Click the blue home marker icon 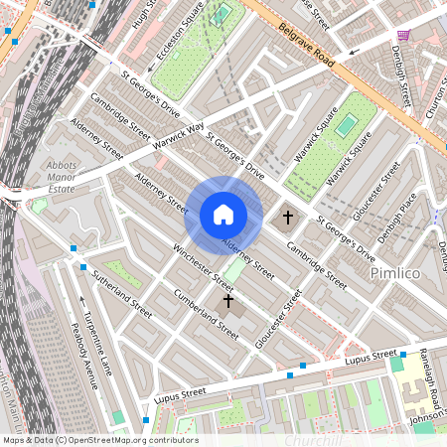point(223,215)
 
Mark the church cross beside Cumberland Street point(227,299)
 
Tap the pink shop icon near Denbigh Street point(402,35)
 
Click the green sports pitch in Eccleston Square point(221,15)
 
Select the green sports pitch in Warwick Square point(345,126)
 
